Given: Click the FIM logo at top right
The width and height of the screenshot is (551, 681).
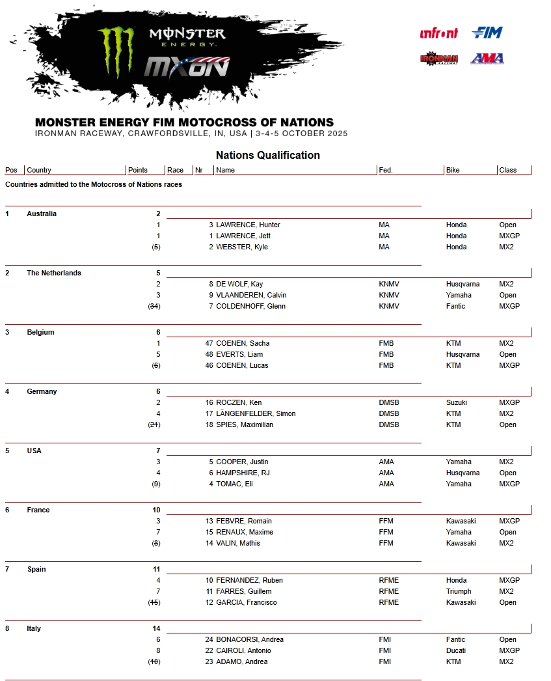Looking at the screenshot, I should [x=487, y=33].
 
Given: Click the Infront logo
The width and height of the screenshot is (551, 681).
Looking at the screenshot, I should [x=438, y=33].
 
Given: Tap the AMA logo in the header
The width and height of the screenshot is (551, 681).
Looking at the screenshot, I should [x=487, y=59].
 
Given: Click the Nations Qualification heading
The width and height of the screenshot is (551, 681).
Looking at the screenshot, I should [x=267, y=156].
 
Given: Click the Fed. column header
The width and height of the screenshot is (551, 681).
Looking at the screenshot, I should [x=386, y=170].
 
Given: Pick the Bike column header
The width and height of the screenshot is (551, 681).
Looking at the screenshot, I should [x=453, y=170].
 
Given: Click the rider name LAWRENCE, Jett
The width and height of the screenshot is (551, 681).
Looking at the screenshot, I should [x=243, y=236].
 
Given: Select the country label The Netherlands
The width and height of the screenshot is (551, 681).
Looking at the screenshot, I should [x=54, y=273].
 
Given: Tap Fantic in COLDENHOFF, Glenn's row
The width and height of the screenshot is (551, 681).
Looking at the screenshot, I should [x=455, y=306].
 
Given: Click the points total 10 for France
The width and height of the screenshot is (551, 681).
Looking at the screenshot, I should [x=156, y=510].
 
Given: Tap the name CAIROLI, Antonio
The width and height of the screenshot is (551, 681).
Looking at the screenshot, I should [x=243, y=650].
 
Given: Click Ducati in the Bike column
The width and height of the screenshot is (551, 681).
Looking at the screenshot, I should [x=456, y=650].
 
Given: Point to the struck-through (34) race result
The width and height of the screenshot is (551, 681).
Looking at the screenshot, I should [x=154, y=306].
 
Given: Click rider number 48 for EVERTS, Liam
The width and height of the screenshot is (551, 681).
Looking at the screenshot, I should [x=209, y=354].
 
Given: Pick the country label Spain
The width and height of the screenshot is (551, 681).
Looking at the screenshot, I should [x=36, y=569].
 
